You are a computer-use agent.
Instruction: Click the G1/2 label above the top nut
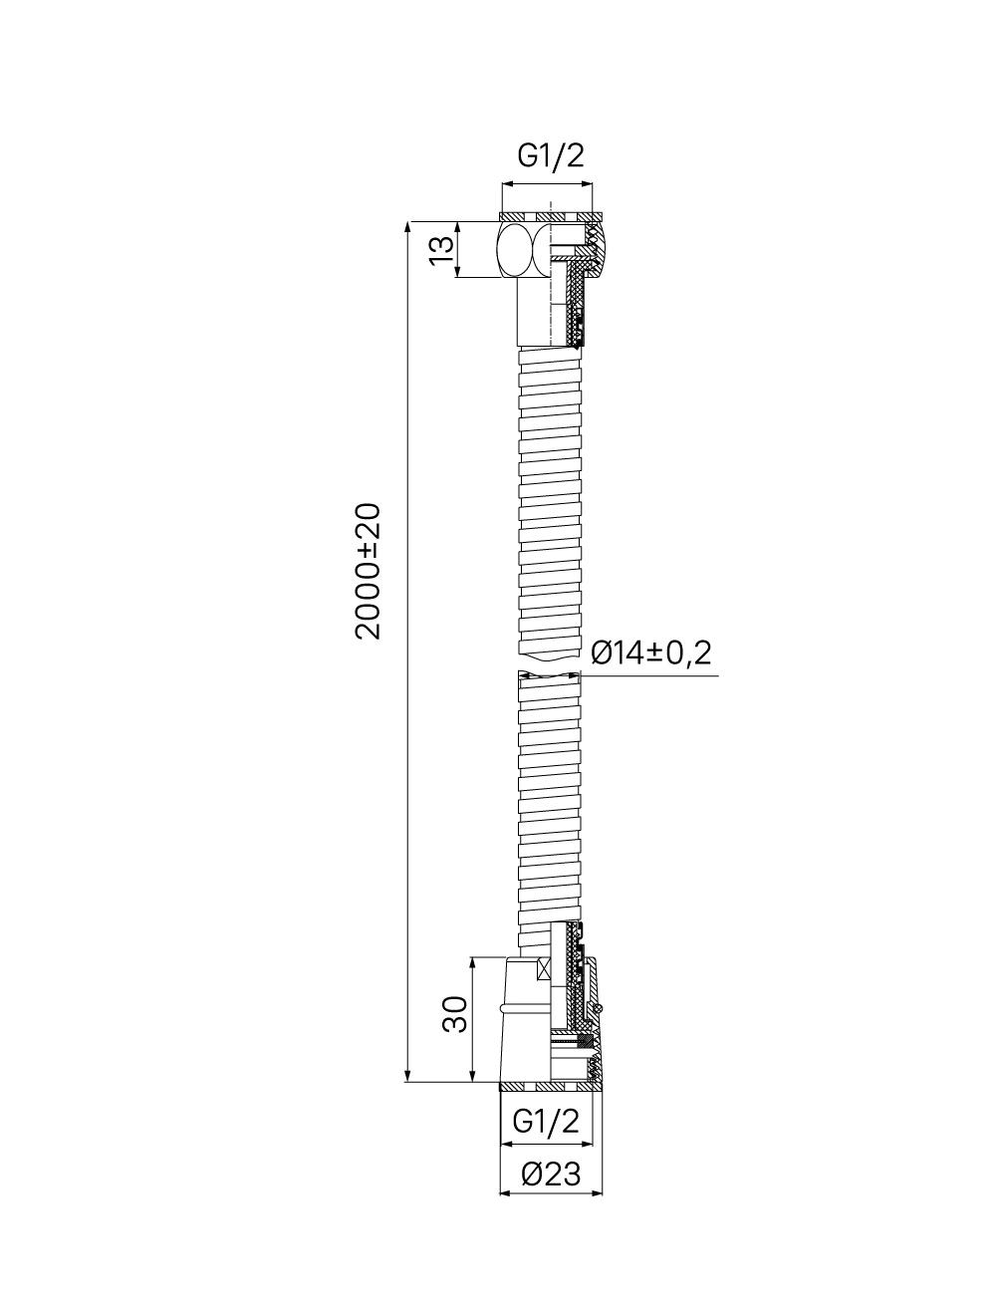click(551, 156)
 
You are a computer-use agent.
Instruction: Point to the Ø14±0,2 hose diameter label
click(650, 652)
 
